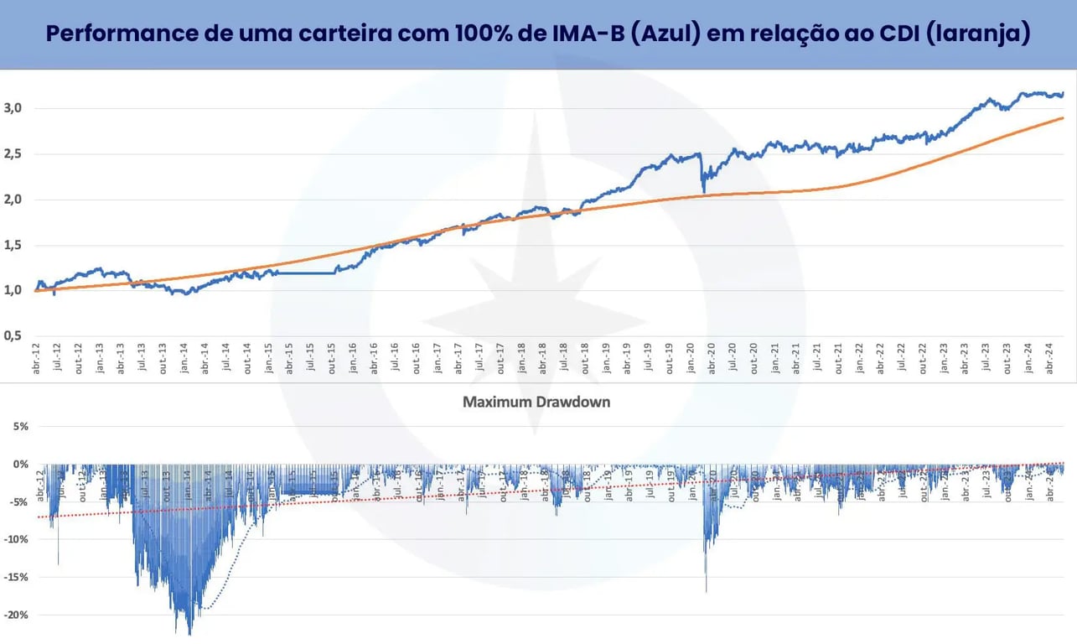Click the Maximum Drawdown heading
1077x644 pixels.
536,402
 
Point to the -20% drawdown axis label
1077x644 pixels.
17,615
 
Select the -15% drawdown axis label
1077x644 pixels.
17,577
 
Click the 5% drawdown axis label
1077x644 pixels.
20,426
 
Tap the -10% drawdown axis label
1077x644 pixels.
17,539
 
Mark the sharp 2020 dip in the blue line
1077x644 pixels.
703,192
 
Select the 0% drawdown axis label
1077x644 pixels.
20,464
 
